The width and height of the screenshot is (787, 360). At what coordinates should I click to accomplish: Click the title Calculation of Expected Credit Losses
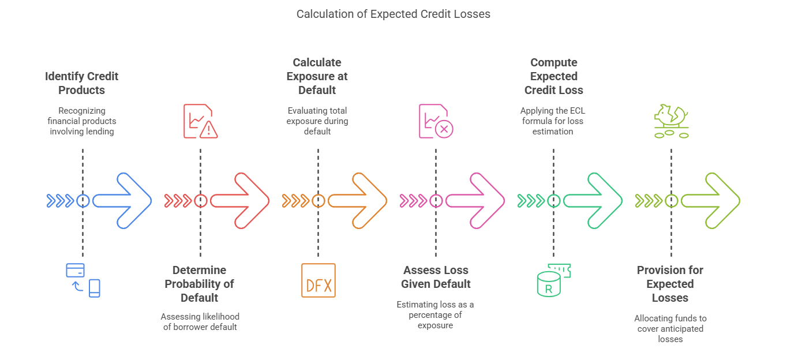point(393,14)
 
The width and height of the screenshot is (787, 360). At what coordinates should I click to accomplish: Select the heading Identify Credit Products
point(82,83)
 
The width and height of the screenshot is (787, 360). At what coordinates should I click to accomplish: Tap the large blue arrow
point(122,201)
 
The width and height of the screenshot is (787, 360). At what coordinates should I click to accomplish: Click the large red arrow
point(240,201)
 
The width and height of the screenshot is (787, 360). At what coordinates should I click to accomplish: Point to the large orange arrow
point(358,201)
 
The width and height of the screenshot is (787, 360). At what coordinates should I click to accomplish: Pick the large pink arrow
point(475,201)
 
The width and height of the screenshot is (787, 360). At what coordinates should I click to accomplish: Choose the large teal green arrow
point(593,201)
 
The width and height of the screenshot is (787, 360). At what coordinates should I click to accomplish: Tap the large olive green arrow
point(711,201)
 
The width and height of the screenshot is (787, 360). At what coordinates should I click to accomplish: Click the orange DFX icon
point(318,280)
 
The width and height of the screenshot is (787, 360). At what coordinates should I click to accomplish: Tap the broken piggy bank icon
point(671,121)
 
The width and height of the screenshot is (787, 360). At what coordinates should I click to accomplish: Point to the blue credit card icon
point(76,270)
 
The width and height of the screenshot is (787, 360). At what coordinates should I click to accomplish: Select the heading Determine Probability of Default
point(200,284)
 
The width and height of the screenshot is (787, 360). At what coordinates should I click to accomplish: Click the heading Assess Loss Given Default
point(436,277)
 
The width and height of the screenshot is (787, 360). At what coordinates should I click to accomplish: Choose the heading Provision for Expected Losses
point(670,284)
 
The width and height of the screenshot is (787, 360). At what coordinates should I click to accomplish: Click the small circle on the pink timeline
point(436,201)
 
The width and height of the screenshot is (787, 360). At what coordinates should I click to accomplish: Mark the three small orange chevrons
point(295,201)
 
